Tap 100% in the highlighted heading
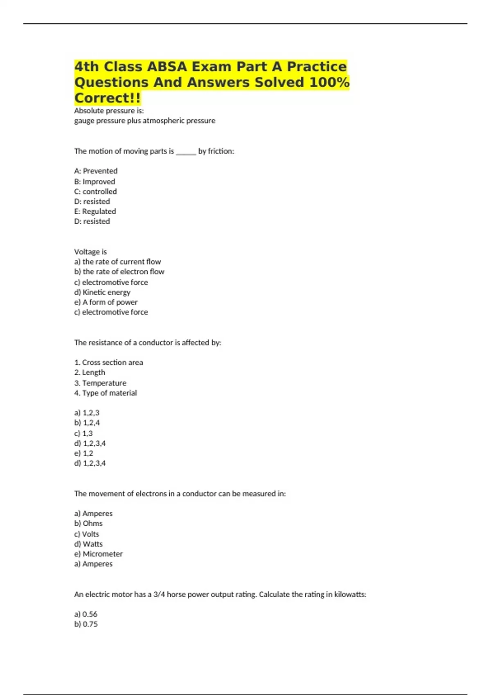(x=329, y=82)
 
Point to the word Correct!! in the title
(x=107, y=98)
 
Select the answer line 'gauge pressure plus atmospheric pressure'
(x=144, y=121)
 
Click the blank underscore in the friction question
(x=186, y=152)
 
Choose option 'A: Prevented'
(x=96, y=171)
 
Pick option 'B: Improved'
(x=95, y=182)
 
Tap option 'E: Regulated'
(x=95, y=211)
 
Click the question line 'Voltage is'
(x=90, y=252)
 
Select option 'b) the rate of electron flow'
(x=119, y=271)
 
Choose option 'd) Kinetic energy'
(x=102, y=292)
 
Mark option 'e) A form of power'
(x=106, y=302)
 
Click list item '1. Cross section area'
(x=108, y=362)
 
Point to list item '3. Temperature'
(x=100, y=383)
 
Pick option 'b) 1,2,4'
(x=87, y=423)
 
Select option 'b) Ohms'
(x=88, y=523)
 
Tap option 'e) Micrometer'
(x=98, y=554)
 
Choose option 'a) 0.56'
(x=86, y=614)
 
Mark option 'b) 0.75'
(x=86, y=624)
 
